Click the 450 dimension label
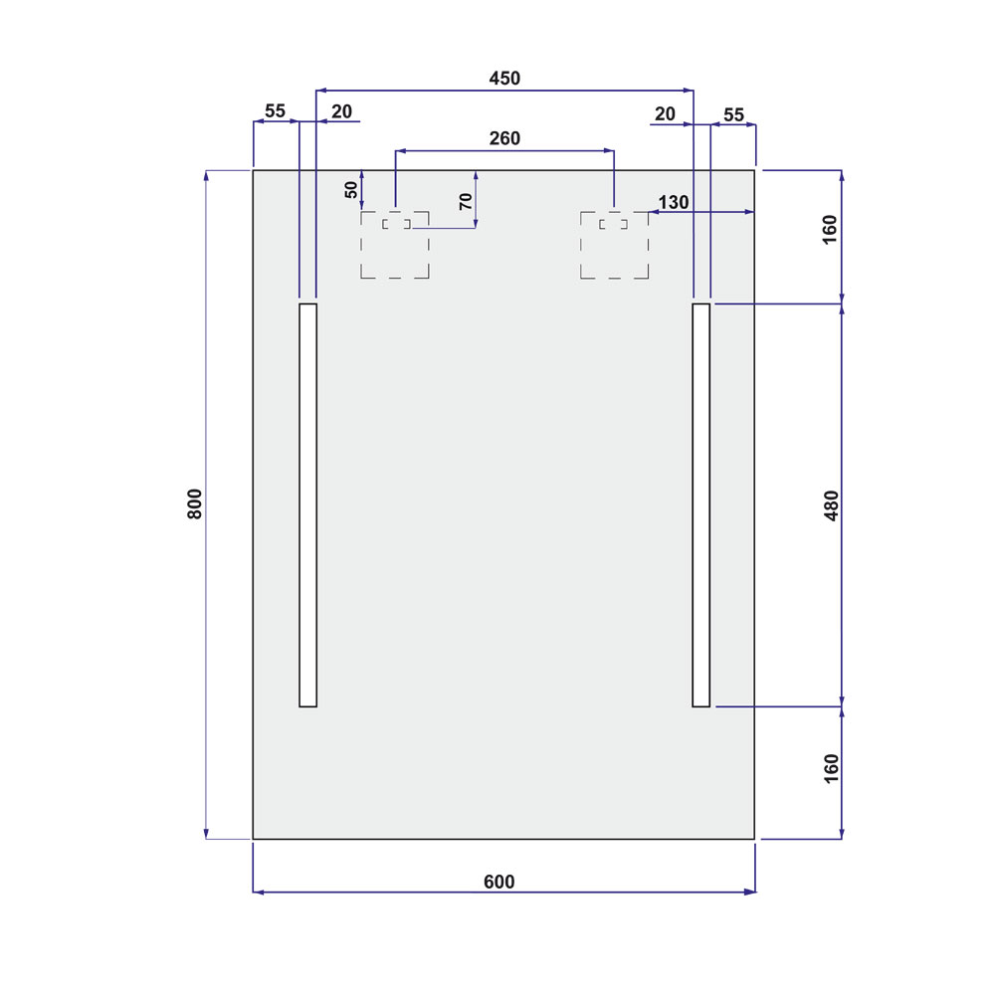(504, 78)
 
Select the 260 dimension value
(504, 138)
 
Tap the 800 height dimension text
(195, 503)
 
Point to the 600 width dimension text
(499, 882)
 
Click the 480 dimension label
(831, 505)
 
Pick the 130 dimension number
(674, 202)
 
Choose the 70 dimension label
(466, 202)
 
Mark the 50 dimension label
(351, 190)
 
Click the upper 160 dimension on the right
(830, 230)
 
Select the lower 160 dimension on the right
(831, 769)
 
